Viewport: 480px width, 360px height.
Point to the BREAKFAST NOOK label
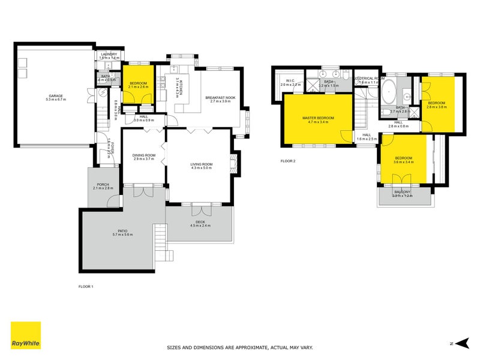[220, 97]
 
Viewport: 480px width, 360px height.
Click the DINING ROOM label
[144, 155]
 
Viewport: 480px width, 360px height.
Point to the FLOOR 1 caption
[86, 287]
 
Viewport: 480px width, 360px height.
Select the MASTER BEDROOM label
[317, 118]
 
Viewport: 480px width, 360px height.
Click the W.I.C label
[290, 80]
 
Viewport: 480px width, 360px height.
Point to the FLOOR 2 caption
[288, 161]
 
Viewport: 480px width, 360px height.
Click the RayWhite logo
[26, 335]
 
